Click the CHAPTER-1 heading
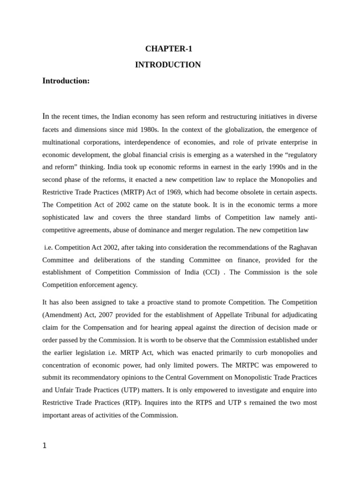168,49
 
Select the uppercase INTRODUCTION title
168,65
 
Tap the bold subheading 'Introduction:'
66,81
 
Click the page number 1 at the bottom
45,446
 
